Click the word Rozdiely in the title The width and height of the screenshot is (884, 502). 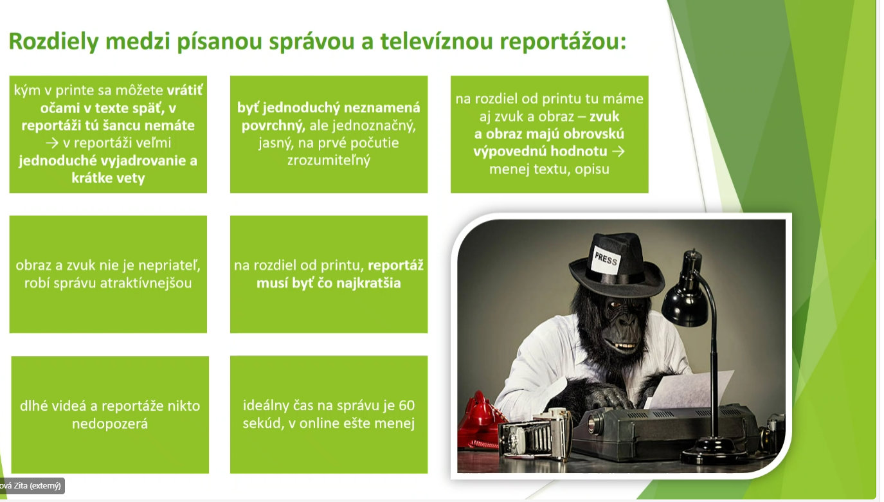[53, 42]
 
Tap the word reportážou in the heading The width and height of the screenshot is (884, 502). [563, 42]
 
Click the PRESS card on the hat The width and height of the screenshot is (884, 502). [606, 259]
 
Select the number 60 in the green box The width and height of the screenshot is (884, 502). [406, 406]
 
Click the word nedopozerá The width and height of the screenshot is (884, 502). [110, 424]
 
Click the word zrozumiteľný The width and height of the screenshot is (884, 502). [329, 161]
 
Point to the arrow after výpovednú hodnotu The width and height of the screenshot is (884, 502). [618, 151]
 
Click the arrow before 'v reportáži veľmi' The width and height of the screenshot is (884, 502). [52, 143]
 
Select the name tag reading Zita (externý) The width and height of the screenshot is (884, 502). [32, 486]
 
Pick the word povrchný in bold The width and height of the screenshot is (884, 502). [273, 125]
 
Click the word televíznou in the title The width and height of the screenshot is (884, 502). [437, 42]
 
